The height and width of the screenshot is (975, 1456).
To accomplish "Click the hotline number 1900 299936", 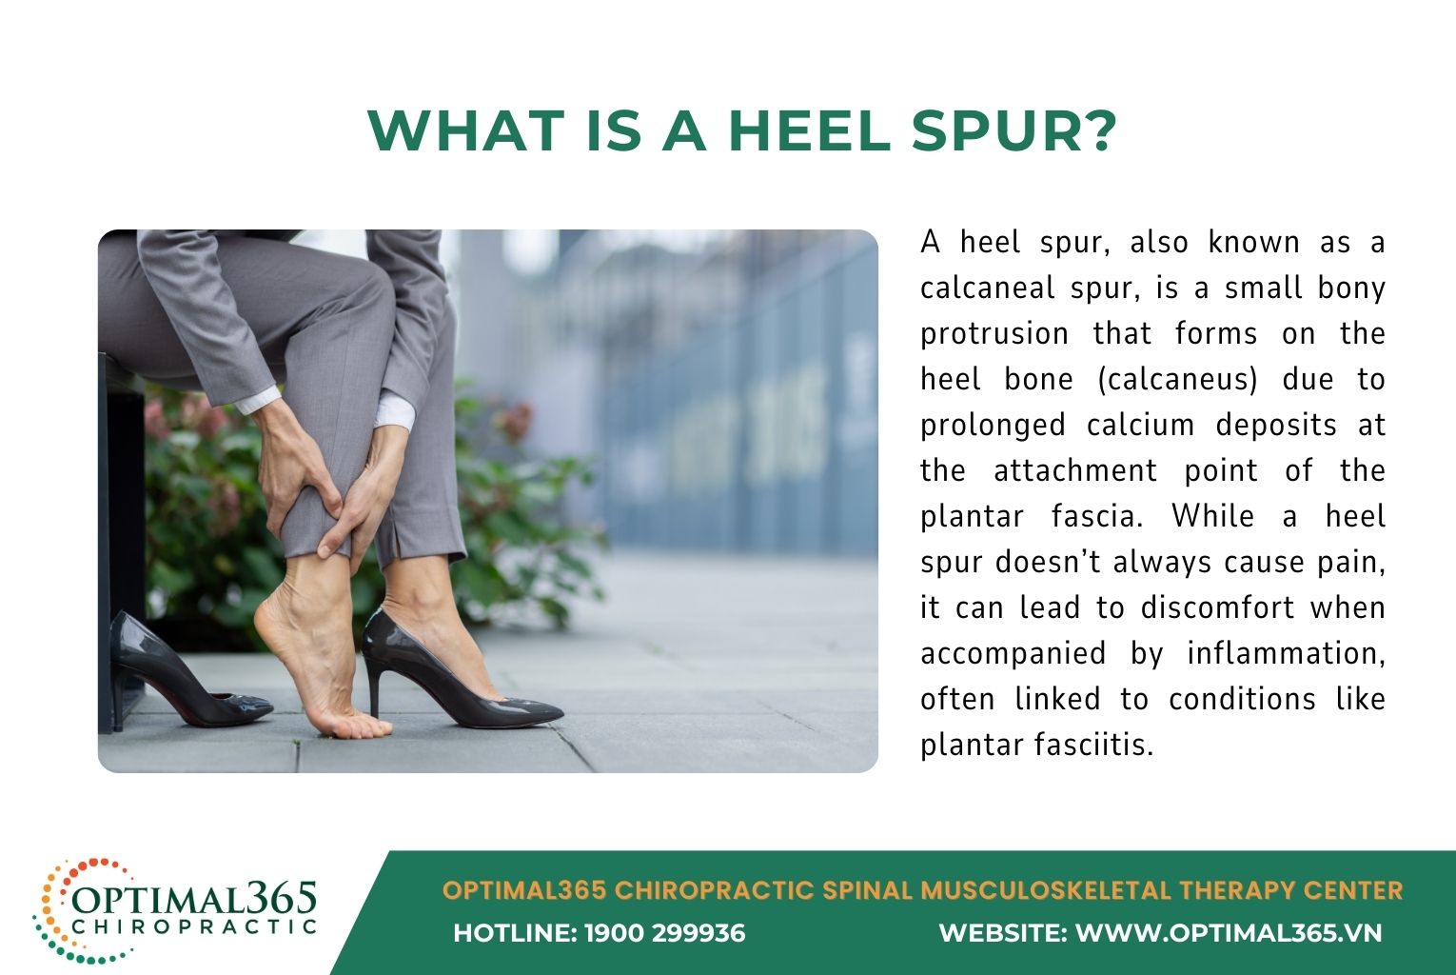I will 664,933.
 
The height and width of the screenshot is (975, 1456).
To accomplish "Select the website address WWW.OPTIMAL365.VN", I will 1228,933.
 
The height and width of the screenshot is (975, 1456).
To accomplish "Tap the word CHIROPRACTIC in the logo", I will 194,926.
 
